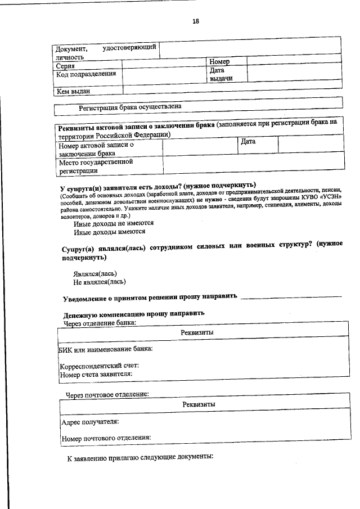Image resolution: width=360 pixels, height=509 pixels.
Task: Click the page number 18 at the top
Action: tap(196, 21)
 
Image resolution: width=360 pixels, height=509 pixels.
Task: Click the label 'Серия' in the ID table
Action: tap(66, 66)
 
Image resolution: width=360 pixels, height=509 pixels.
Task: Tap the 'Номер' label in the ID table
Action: tap(219, 61)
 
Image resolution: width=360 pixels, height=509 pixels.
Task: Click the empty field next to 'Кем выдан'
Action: tap(231, 90)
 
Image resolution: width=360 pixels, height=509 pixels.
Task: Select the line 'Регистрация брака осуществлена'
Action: tap(130, 106)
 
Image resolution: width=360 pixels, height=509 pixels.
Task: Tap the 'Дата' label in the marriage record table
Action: tap(248, 142)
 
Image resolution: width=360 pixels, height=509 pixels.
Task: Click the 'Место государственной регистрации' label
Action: tap(96, 166)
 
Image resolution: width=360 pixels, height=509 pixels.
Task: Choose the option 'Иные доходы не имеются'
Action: tap(114, 223)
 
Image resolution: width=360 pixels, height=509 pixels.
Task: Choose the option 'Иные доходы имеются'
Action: tap(110, 231)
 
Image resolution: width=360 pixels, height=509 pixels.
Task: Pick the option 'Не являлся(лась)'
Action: tap(100, 282)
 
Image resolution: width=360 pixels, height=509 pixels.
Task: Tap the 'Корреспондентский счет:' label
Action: tap(100, 366)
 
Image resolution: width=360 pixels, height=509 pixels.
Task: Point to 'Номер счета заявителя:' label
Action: tap(96, 373)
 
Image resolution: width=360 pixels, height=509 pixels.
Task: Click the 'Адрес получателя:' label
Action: tap(89, 421)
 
